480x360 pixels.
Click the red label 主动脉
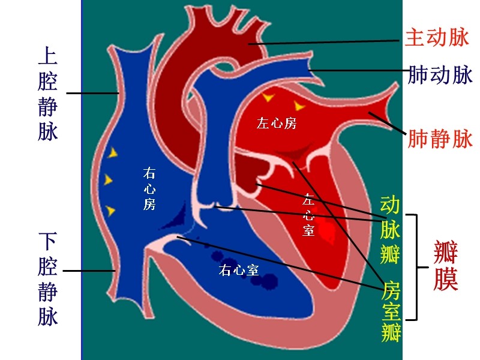click(437, 37)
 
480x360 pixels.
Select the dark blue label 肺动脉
click(440, 74)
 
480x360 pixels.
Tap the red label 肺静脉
click(440, 139)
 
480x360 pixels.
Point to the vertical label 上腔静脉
click(48, 94)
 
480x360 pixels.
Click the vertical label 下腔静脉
click(48, 279)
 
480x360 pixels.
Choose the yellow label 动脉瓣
click(390, 230)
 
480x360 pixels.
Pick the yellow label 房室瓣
click(391, 311)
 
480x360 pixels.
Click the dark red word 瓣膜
click(446, 265)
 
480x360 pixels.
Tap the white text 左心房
click(277, 124)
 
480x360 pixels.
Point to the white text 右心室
click(239, 270)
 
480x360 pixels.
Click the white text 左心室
click(308, 215)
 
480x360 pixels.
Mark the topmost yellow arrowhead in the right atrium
click(113, 152)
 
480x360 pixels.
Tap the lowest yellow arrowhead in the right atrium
click(110, 211)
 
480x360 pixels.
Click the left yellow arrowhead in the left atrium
click(268, 97)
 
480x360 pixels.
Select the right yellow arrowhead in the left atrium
click(299, 106)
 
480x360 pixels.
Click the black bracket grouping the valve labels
click(417, 267)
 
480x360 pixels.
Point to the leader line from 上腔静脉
click(92, 93)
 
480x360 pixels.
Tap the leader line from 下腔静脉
click(89, 271)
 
